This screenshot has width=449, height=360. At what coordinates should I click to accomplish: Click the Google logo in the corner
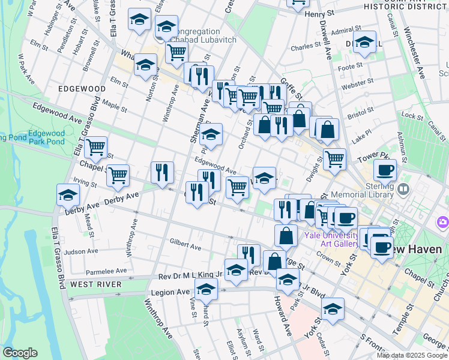[20, 353]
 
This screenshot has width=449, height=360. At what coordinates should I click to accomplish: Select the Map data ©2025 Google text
[412, 355]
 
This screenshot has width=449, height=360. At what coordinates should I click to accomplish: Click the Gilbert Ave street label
[185, 245]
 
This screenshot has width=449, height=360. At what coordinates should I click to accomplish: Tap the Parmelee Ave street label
[106, 271]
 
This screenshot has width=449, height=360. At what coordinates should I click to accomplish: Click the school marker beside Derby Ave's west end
[68, 194]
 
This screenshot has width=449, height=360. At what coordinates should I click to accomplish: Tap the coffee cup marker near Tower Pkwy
[385, 169]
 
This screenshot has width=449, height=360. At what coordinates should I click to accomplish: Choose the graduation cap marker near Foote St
[364, 41]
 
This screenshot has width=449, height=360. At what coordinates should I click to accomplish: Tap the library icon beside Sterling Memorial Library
[403, 190]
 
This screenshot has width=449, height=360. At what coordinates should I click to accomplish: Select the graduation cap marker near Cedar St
[333, 308]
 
